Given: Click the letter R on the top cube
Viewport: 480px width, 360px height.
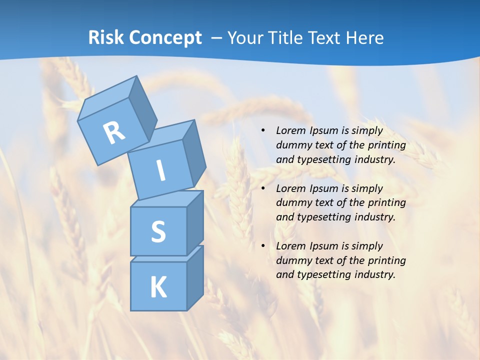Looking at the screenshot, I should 114,132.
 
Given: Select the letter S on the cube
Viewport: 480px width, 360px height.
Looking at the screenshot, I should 158,232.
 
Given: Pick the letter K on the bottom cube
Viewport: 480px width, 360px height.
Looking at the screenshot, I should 158,287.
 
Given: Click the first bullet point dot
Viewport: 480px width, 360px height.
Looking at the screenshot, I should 263,131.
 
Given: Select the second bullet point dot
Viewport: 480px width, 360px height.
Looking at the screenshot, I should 263,188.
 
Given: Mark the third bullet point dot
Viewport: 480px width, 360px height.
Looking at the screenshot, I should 263,246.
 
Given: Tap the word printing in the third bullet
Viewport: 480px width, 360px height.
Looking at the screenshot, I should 386,260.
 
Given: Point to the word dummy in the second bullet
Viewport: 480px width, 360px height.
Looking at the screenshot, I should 292,203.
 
